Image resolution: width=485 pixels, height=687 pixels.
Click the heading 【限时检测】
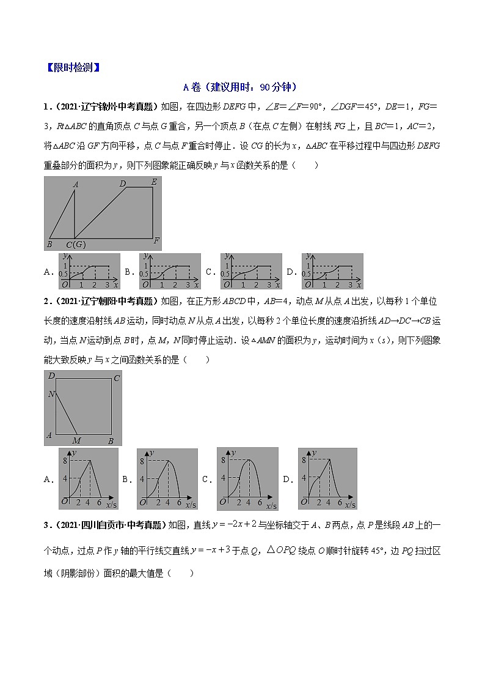click(73, 67)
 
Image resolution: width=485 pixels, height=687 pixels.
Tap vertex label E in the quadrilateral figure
click(153, 182)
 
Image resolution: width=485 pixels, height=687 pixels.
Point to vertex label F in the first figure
click(156, 240)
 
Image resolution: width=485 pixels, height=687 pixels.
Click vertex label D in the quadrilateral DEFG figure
click(122, 183)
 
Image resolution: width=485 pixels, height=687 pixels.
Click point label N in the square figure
click(51, 395)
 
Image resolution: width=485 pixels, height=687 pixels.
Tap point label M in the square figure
click(76, 440)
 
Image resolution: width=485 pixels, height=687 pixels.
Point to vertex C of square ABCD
click(116, 378)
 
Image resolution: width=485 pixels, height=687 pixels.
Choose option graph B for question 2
click(167, 479)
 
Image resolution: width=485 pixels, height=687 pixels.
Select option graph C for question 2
click(247, 479)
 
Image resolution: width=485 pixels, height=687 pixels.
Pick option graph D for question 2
click(327, 479)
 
